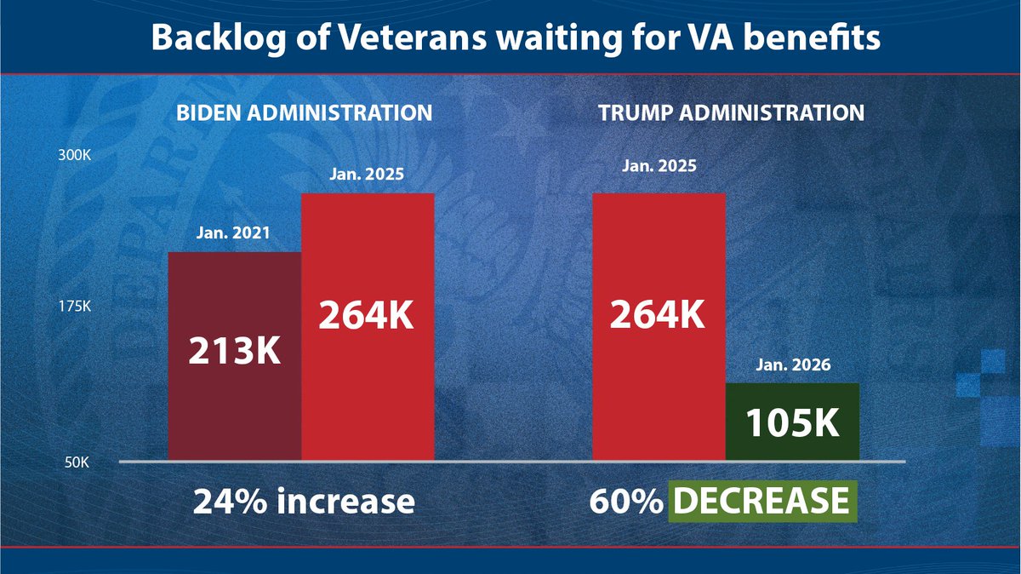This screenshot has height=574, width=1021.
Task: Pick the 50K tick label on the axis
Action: tap(78, 462)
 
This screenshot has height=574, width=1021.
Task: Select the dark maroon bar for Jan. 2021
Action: tap(235, 400)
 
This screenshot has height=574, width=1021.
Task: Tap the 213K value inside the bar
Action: tap(234, 351)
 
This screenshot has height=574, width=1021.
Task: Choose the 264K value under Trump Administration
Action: tap(658, 316)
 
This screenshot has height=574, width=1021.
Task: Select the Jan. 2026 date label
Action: tap(792, 366)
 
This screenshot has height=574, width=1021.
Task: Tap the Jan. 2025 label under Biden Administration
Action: tap(367, 175)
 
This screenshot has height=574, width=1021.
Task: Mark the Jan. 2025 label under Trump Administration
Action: tap(659, 165)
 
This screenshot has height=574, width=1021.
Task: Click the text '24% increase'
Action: tap(304, 502)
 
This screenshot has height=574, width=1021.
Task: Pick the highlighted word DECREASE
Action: tap(762, 502)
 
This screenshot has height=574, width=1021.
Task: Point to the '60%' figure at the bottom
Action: tap(625, 502)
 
